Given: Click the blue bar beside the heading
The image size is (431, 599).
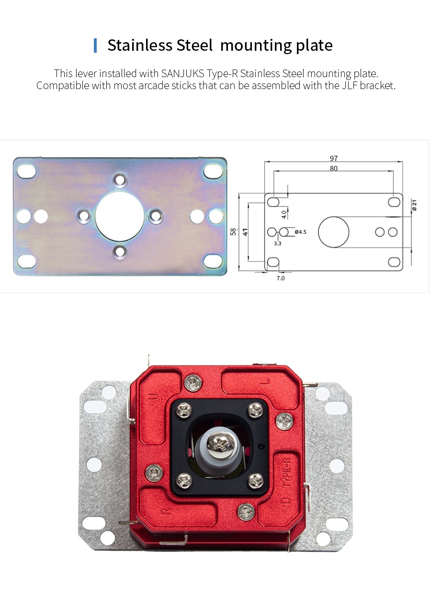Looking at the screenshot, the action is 95,46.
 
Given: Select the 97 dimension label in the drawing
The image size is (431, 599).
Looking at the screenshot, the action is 333,158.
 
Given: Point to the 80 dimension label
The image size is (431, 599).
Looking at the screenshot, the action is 333,169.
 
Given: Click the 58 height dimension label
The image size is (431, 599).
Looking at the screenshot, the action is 233,231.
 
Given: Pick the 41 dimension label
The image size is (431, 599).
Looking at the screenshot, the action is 245,232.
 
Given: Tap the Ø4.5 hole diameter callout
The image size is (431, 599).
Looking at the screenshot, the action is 300,232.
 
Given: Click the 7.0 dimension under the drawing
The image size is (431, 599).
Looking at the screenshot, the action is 280,278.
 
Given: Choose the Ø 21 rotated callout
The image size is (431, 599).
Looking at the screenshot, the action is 414,205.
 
